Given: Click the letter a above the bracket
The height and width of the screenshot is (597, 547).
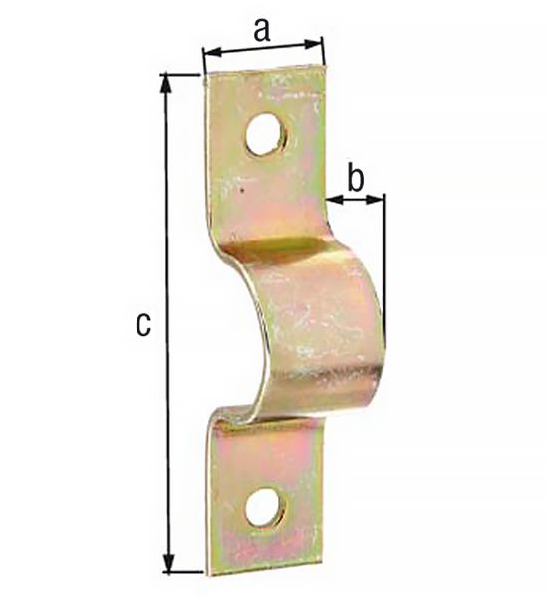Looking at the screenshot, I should pos(261,31).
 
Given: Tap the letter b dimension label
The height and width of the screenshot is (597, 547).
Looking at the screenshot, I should pos(355,179).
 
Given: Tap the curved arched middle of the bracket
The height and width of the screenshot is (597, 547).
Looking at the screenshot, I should pos(319,318).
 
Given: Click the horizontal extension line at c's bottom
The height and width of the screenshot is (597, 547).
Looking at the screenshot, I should pos(184,572).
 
